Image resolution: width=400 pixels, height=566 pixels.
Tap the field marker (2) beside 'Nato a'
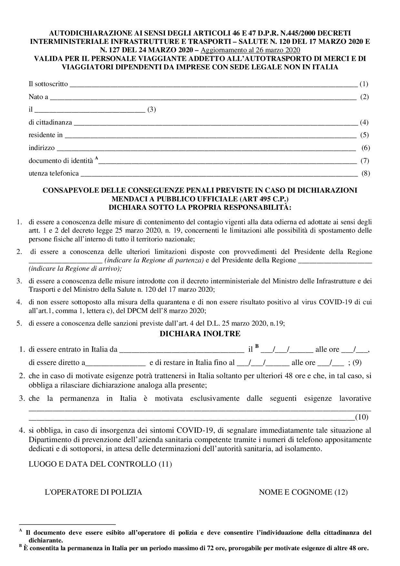click(x=364, y=97)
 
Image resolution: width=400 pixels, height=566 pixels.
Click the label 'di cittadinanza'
click(x=50, y=122)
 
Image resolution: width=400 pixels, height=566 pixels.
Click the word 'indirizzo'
click(x=42, y=148)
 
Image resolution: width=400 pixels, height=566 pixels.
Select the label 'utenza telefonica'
click(x=54, y=173)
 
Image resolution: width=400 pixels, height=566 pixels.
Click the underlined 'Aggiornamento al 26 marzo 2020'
click(x=250, y=50)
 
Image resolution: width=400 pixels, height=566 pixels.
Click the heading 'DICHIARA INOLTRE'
click(x=200, y=334)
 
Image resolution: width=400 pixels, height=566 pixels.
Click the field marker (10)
click(x=361, y=417)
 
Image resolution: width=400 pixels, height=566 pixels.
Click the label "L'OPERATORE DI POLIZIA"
click(x=93, y=492)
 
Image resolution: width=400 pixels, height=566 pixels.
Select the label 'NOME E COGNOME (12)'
click(x=303, y=492)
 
